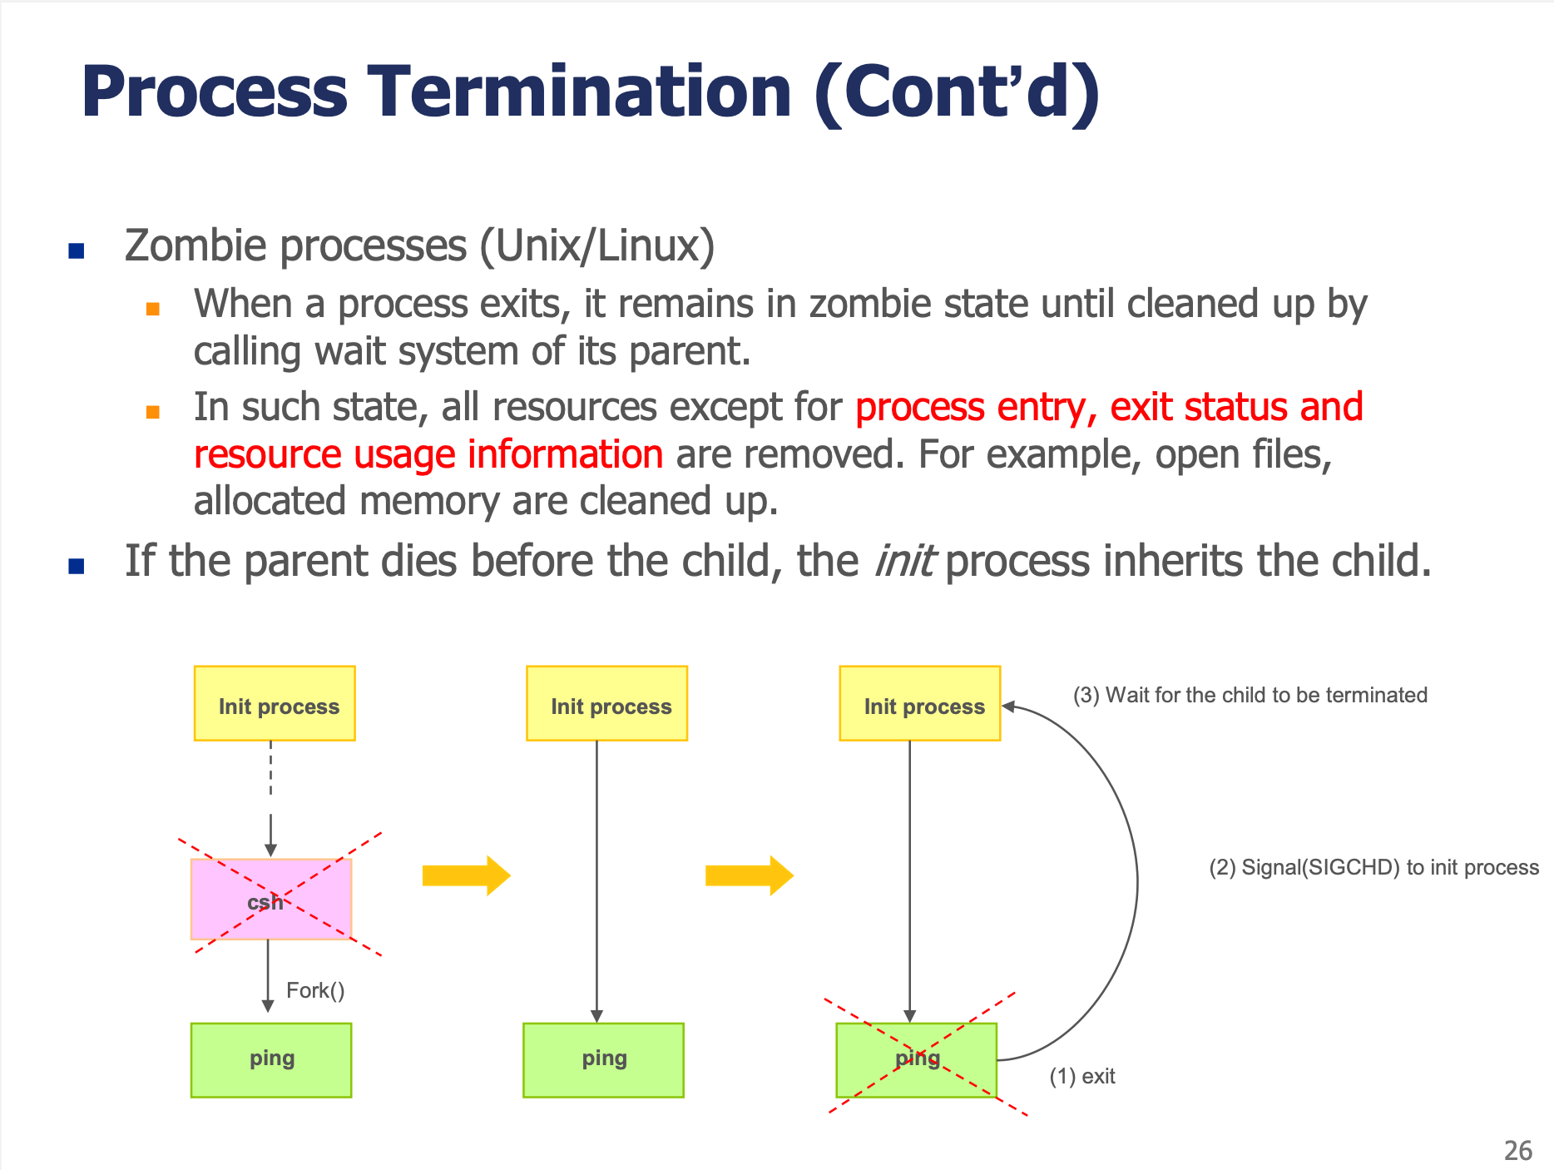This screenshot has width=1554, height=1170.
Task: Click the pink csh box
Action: [x=271, y=899]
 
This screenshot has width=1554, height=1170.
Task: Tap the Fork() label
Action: [x=315, y=990]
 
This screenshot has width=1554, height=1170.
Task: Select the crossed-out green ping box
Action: [x=916, y=1059]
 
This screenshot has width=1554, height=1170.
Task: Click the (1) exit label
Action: [x=1081, y=1077]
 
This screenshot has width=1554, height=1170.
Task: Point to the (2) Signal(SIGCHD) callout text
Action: [x=1373, y=867]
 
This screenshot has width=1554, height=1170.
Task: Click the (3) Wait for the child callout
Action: [x=1250, y=695]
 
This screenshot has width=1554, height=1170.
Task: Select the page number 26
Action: [x=1517, y=1151]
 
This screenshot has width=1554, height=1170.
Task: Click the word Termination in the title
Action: [x=580, y=92]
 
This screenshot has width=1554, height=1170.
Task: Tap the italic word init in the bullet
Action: [x=903, y=561]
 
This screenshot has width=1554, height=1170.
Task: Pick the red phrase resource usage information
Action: [x=428, y=454]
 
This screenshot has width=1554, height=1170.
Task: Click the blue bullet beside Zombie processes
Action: [x=77, y=250]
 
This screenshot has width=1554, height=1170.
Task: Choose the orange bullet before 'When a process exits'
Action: [x=153, y=309]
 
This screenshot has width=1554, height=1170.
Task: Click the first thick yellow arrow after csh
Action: [x=466, y=875]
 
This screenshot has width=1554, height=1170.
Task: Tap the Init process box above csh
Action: [x=275, y=703]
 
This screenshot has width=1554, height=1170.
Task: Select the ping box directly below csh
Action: [x=271, y=1059]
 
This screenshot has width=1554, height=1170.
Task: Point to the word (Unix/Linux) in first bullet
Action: [x=596, y=246]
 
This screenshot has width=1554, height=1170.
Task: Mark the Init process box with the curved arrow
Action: [x=920, y=703]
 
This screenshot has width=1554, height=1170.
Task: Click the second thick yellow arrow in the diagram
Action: [x=749, y=875]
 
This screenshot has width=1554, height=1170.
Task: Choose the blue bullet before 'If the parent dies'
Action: [x=77, y=567]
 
